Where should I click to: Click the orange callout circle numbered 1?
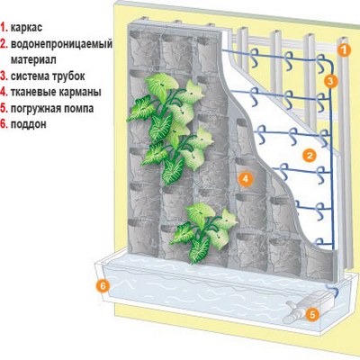(x=344, y=50)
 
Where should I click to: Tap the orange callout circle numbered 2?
(x=310, y=156)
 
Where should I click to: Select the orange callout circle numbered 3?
(x=330, y=81)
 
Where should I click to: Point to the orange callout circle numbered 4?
(x=246, y=179)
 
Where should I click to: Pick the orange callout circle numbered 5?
(x=312, y=315)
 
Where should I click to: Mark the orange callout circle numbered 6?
(x=103, y=286)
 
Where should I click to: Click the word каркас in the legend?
(x=27, y=28)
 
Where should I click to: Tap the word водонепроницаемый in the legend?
(x=61, y=44)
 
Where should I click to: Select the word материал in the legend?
(x=33, y=60)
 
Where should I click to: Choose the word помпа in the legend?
(x=77, y=109)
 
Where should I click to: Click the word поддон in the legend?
(x=29, y=124)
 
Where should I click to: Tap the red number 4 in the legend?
(x=4, y=92)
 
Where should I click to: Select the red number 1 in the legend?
(x=4, y=27)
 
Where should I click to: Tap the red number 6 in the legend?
(x=4, y=124)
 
